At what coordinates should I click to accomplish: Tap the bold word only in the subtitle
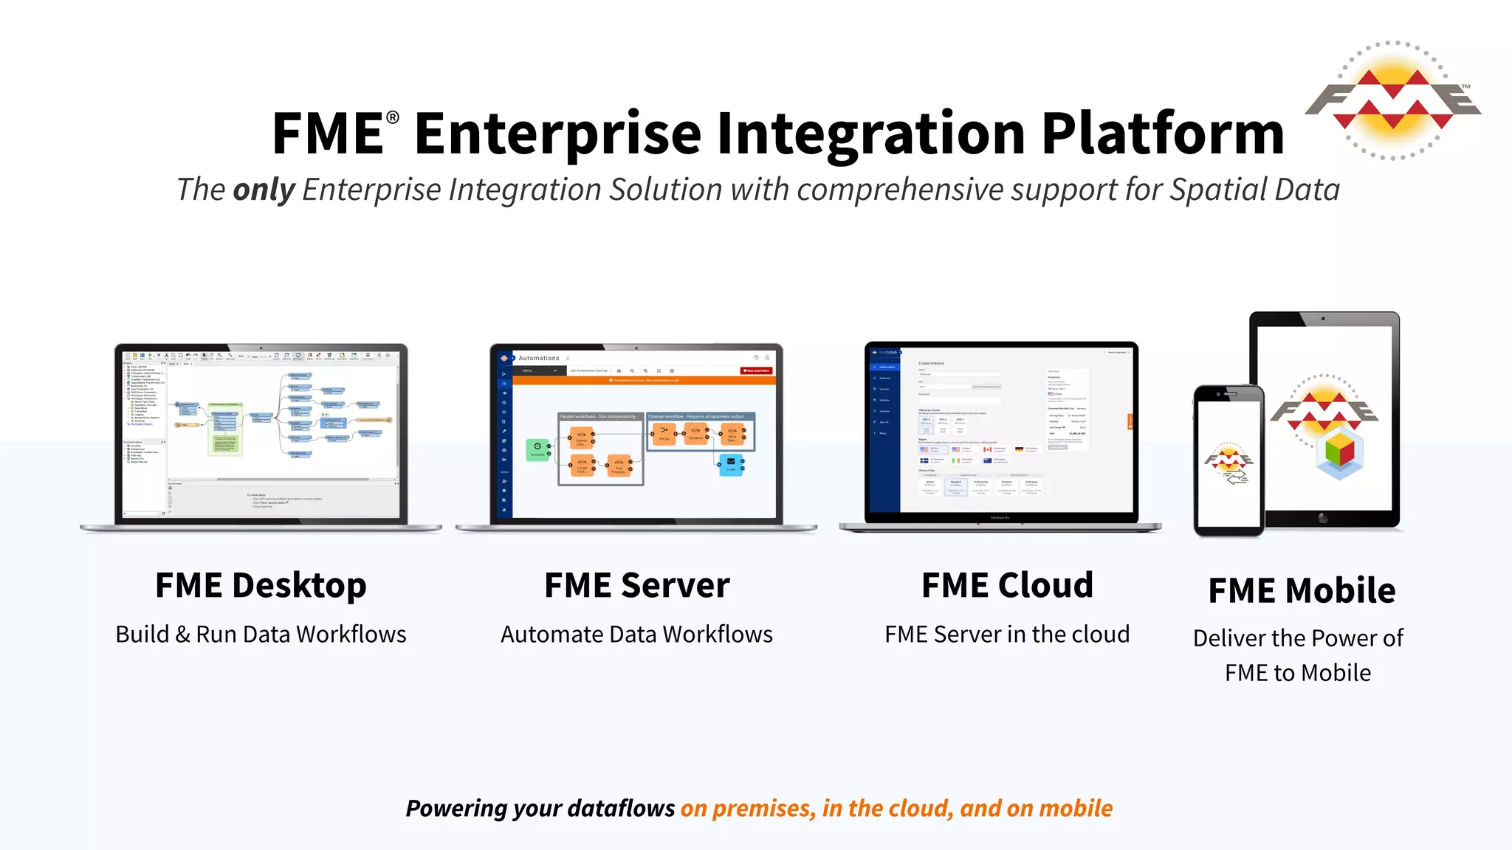264,190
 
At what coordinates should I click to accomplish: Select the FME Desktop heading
261,585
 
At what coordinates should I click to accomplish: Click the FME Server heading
636,585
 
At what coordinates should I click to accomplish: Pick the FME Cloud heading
1007,585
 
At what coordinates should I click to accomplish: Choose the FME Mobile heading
1302,590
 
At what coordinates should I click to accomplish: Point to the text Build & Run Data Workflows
261,635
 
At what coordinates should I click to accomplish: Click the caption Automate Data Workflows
636,635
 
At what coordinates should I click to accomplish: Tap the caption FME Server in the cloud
1007,635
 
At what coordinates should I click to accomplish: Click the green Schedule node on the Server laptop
537,449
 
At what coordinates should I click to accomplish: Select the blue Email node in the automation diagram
731,464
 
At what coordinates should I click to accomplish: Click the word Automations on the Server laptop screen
539,359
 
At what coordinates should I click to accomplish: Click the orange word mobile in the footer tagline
1076,809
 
